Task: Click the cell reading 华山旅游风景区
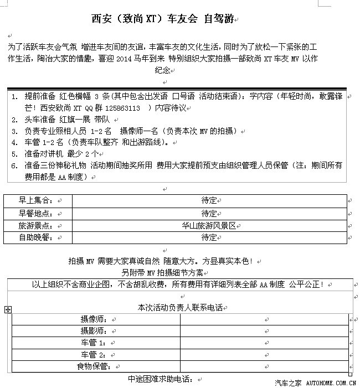[x=208, y=226]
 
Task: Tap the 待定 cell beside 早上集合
[x=209, y=200]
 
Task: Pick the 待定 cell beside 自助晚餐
[x=209, y=238]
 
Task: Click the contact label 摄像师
[x=96, y=319]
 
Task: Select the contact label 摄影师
[x=96, y=331]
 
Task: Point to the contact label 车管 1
[x=95, y=343]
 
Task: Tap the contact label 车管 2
[x=95, y=355]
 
